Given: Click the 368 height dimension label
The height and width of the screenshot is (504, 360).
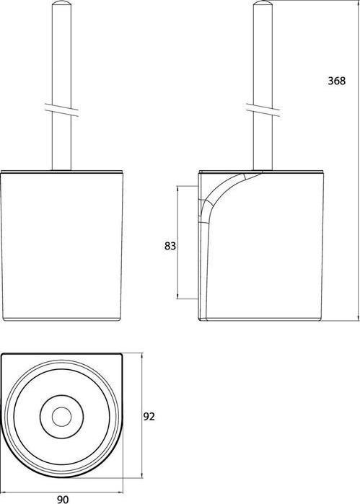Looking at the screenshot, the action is pos(336,81).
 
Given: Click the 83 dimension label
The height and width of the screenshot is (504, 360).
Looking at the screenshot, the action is pos(170,246).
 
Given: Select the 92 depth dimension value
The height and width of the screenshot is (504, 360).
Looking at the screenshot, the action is pos(149,417).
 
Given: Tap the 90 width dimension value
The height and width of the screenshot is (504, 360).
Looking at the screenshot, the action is pos(63,499).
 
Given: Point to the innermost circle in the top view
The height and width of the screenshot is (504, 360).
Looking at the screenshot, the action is pos(62,417).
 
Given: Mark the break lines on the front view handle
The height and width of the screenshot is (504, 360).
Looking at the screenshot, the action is pos(61,110).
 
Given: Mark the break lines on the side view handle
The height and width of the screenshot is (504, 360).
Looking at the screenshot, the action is pos(263,110).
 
